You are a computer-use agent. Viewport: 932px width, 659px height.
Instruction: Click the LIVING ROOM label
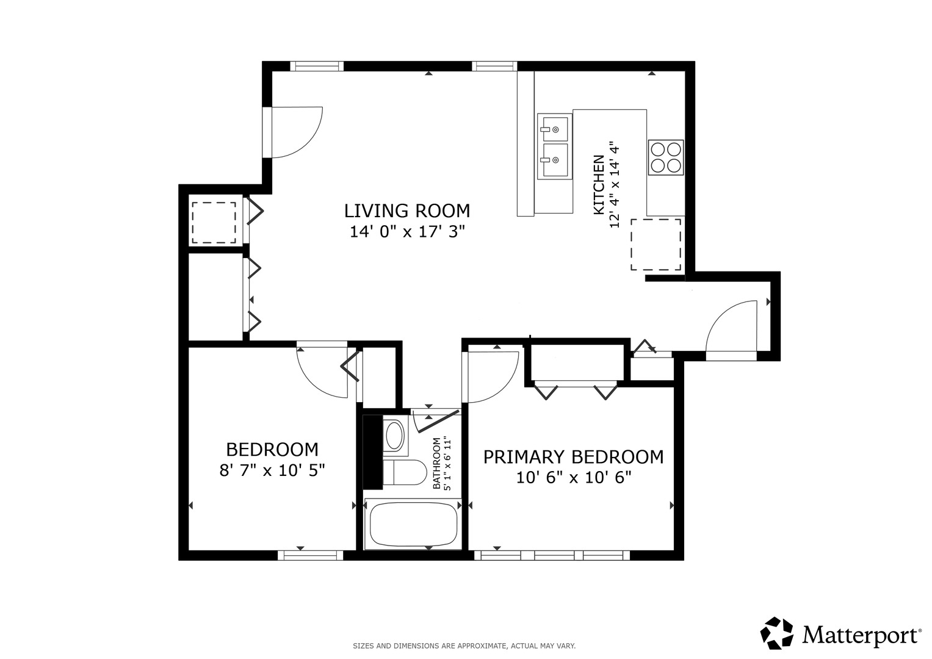click(x=407, y=211)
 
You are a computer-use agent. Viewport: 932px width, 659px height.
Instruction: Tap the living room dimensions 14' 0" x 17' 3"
click(x=407, y=231)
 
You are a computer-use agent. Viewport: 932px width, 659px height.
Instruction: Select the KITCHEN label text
click(x=598, y=185)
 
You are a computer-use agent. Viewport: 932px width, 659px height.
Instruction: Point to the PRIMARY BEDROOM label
click(x=573, y=457)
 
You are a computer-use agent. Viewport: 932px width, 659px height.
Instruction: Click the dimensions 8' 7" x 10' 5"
click(x=272, y=470)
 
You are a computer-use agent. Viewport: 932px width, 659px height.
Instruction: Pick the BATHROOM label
click(x=436, y=463)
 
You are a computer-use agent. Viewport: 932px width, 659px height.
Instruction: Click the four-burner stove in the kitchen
click(x=666, y=157)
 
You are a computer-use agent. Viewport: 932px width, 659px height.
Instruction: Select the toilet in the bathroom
click(x=405, y=472)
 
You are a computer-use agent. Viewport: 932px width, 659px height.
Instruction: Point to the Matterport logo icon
click(x=777, y=633)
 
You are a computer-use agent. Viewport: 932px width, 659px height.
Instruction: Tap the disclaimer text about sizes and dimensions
click(x=464, y=646)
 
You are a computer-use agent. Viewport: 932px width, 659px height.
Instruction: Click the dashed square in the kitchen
click(x=656, y=245)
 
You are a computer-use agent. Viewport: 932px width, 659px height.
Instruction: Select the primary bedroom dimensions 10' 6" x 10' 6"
click(x=574, y=478)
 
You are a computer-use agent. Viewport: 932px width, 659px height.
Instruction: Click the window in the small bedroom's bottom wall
click(x=311, y=555)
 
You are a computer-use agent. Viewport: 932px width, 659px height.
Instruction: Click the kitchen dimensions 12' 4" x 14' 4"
click(x=614, y=186)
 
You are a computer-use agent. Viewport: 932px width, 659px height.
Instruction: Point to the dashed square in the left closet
click(x=214, y=223)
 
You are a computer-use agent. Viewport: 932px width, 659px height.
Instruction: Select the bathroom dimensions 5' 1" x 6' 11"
click(x=448, y=463)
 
